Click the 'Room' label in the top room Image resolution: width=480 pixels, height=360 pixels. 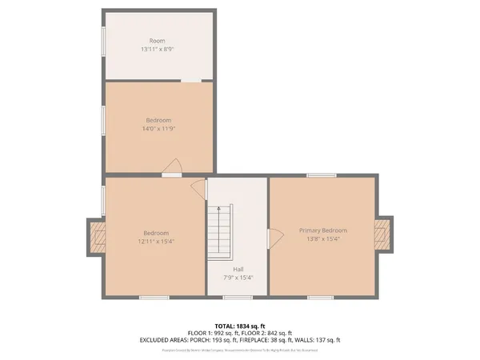157,41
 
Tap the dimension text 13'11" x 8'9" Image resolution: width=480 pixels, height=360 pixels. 157,49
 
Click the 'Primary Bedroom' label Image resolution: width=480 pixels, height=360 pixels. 323,230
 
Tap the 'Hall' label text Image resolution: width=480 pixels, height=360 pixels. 238,270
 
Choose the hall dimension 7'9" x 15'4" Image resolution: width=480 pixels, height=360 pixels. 238,278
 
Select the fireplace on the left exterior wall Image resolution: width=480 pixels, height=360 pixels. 98,237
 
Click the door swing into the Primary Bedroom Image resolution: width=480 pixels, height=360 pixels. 274,236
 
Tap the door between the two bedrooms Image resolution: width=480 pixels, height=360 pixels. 172,168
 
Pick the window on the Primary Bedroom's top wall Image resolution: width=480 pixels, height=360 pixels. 321,175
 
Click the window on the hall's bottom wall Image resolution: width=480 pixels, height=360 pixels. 238,298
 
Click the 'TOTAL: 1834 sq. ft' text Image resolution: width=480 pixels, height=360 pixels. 240,325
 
